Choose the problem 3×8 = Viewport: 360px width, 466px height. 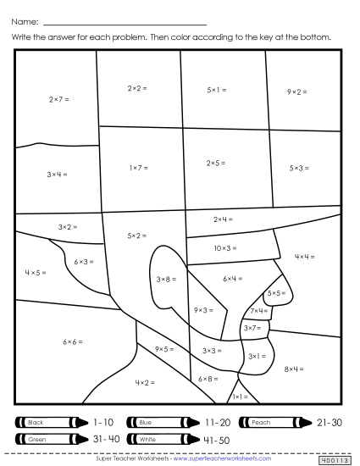(166, 278)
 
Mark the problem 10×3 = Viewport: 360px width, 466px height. (225, 248)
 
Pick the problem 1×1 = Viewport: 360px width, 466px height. (240, 397)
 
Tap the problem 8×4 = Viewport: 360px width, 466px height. (294, 369)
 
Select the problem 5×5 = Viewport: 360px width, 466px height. (275, 293)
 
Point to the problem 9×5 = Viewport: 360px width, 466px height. (164, 348)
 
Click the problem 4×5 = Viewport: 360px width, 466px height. (35, 273)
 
